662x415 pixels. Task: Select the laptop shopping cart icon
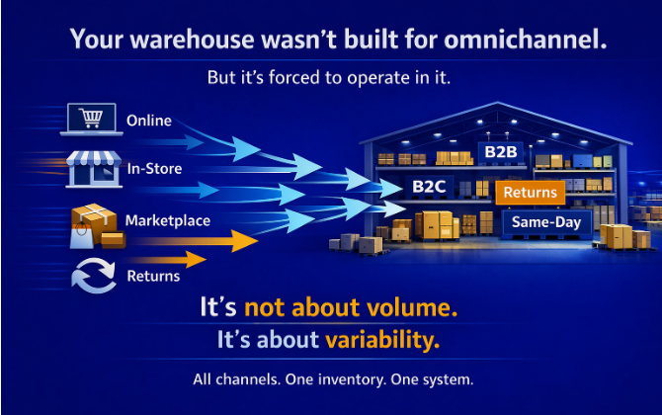90,120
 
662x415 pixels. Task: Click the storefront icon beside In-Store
94,167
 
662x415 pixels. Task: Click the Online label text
149,121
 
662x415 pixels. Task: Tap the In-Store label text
154,169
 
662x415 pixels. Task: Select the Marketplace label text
168,220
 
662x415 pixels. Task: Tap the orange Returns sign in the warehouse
531,193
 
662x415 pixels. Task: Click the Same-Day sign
546,222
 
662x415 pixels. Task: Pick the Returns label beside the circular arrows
153,276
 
